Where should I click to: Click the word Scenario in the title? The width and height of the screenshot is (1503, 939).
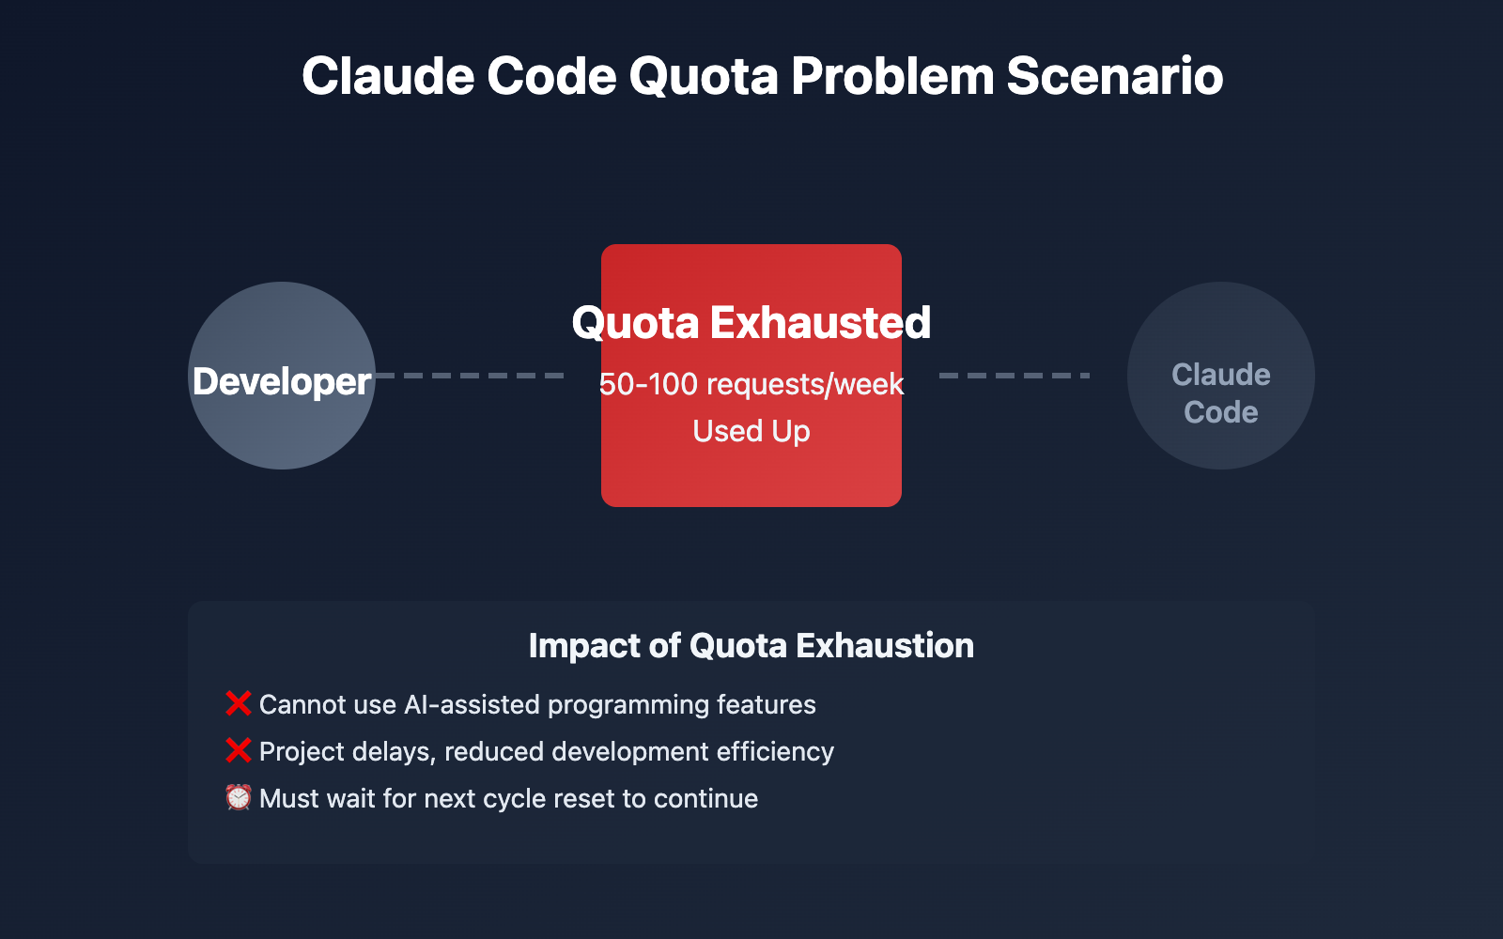pyautogui.click(x=1114, y=76)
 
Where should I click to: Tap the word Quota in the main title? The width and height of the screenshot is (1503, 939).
pyautogui.click(x=704, y=76)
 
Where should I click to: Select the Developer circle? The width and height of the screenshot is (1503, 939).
pyautogui.click(x=282, y=413)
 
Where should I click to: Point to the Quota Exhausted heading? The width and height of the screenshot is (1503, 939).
pyautogui.click(x=751, y=323)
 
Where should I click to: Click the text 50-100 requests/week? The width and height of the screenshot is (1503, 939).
pyautogui.click(x=751, y=384)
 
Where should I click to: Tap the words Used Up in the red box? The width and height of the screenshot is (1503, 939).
pyautogui.click(x=751, y=431)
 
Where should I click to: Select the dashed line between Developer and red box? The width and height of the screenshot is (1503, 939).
pyautogui.click(x=470, y=376)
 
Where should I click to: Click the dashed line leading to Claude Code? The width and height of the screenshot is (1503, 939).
pyautogui.click(x=1015, y=376)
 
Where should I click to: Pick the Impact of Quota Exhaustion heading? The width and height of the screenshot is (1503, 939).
pyautogui.click(x=751, y=646)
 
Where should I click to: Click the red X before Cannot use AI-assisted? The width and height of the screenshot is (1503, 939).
pyautogui.click(x=239, y=703)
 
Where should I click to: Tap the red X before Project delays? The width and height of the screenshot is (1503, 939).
pyautogui.click(x=239, y=750)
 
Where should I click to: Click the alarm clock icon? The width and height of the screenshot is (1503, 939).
pyautogui.click(x=239, y=797)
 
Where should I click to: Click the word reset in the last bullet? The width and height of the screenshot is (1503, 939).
pyautogui.click(x=583, y=798)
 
